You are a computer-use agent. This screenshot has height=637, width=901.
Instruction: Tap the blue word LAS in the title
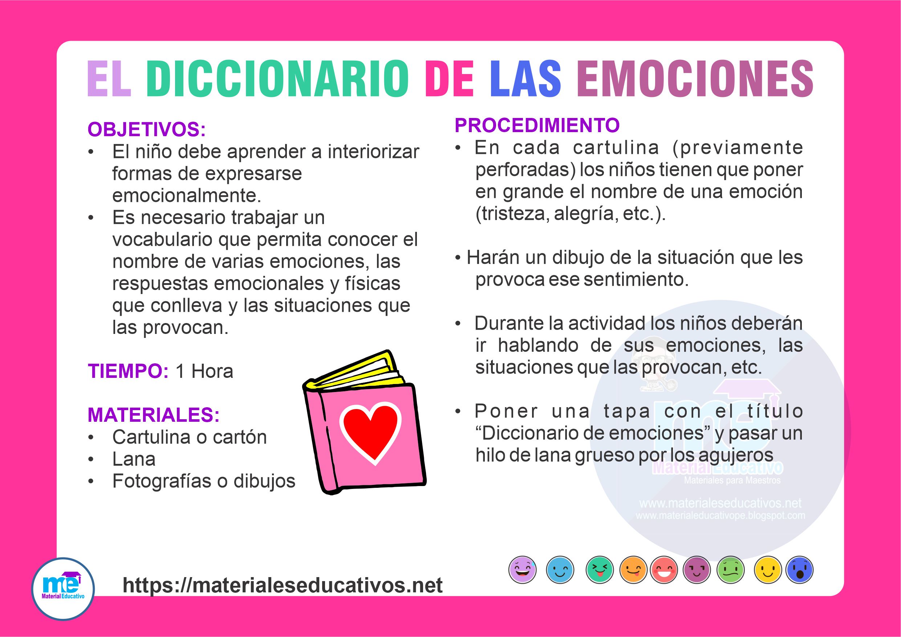(x=525, y=79)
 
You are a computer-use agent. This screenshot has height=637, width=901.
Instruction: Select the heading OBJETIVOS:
(x=147, y=130)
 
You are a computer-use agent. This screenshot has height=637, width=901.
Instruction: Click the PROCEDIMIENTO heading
(x=537, y=126)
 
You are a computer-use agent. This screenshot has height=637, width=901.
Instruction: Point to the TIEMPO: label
(x=128, y=371)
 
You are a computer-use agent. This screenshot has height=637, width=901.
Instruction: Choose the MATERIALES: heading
(x=154, y=415)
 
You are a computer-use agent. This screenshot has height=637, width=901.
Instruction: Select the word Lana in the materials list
(x=134, y=459)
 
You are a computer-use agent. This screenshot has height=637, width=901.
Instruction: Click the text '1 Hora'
(x=204, y=371)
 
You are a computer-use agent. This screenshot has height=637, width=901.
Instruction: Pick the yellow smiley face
(x=767, y=569)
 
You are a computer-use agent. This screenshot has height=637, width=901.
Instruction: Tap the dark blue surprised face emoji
(x=800, y=569)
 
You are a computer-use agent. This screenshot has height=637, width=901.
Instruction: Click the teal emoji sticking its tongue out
(x=599, y=569)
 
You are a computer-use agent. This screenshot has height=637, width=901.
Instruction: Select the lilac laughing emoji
(x=522, y=569)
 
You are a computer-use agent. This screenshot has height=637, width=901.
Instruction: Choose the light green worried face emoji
(x=730, y=569)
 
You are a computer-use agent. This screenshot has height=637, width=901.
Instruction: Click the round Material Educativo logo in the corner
(x=63, y=589)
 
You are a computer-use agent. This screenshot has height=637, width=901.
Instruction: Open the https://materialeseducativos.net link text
(x=283, y=585)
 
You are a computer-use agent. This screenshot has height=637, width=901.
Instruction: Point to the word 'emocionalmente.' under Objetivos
(x=187, y=196)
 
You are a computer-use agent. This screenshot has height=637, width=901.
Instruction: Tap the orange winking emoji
(x=633, y=569)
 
